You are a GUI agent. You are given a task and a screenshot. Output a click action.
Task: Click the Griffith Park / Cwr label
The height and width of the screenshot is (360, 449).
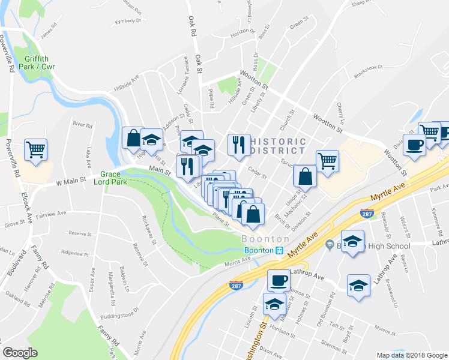point(41,62)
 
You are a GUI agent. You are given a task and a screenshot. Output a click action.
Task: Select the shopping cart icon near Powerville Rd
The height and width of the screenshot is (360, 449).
point(36,150)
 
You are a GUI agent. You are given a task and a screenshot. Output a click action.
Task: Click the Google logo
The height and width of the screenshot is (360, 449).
point(20,353)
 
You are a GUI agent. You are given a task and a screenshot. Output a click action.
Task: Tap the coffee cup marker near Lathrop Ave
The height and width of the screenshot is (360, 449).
point(278,280)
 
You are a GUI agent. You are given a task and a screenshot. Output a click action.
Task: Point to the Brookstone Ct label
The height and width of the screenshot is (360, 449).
point(368,68)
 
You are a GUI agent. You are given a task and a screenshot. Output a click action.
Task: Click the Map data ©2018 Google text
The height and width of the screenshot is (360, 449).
point(411,355)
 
